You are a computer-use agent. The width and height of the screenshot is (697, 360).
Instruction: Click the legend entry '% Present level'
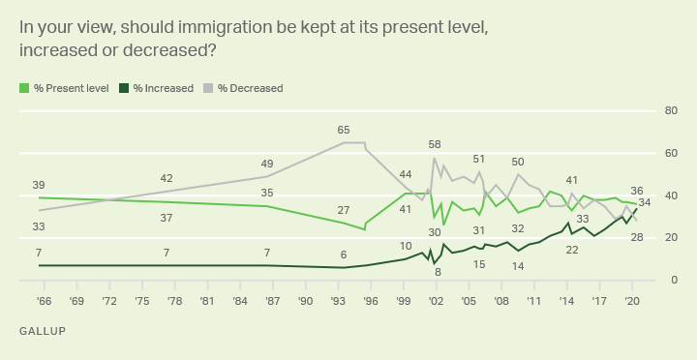(x=63, y=88)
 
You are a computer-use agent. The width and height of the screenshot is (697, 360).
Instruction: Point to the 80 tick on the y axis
(x=668, y=111)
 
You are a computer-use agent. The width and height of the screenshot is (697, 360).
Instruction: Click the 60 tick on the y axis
(x=668, y=154)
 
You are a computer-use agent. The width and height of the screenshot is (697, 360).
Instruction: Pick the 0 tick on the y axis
(x=671, y=281)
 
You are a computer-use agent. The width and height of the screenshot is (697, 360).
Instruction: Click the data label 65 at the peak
(x=344, y=130)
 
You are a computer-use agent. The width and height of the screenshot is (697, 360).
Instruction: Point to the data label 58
(x=435, y=144)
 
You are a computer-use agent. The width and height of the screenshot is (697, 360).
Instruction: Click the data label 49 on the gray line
(x=267, y=164)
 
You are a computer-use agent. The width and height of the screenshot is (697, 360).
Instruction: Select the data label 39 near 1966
(x=39, y=185)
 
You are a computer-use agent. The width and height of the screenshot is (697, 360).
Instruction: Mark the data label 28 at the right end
(x=636, y=237)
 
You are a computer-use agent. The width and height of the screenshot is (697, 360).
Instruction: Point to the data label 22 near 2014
(x=571, y=250)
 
